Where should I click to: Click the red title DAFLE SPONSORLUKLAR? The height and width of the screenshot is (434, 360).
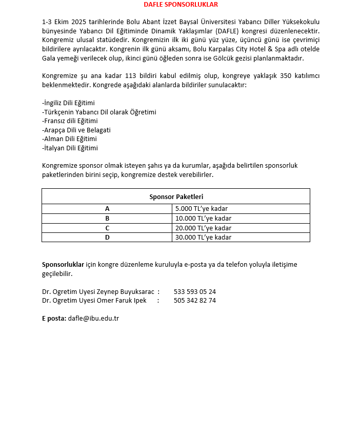click(181, 5)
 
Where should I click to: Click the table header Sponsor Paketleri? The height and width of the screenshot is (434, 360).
click(176, 196)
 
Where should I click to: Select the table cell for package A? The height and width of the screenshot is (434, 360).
click(107, 209)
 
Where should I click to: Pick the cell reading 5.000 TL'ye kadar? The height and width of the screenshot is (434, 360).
click(201, 209)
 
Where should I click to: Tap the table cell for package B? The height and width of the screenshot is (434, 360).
click(107, 218)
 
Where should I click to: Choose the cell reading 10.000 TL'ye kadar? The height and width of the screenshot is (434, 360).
click(203, 218)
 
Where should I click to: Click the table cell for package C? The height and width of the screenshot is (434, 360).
click(107, 228)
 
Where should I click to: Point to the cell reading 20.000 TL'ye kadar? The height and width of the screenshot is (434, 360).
click(203, 228)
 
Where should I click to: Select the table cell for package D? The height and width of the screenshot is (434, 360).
click(107, 238)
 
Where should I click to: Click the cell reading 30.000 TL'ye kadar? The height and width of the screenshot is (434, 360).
click(203, 238)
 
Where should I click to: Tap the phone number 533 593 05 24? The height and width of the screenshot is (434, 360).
click(194, 291)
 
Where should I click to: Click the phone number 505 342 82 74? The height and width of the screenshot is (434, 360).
click(194, 301)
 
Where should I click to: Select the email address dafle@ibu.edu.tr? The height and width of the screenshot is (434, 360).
click(93, 319)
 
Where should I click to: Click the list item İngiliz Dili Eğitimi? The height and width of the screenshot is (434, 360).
click(68, 103)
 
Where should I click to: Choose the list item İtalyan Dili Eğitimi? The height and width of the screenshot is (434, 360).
click(70, 148)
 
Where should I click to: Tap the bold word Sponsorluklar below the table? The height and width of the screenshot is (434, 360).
click(63, 265)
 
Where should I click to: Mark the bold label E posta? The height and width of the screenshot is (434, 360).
click(54, 319)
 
